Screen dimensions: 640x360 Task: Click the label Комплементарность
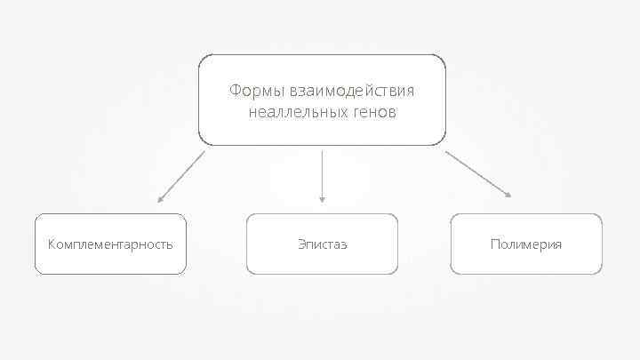click(110, 244)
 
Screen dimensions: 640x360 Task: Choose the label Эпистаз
click(322, 244)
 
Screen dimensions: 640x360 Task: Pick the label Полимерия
click(526, 244)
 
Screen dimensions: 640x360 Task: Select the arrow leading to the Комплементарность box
click(181, 176)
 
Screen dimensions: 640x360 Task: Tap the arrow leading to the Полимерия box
click(477, 172)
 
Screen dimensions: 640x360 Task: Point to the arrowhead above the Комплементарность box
click(160, 200)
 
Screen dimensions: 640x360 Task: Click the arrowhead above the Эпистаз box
click(322, 200)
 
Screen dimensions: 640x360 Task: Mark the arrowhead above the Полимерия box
click(508, 194)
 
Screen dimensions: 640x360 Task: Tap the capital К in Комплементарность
click(52, 244)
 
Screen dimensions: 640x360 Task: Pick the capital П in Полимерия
click(494, 244)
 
